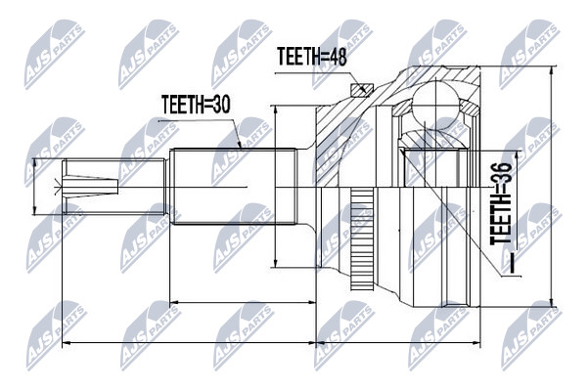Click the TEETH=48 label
pos(312,58)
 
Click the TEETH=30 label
pos(196,104)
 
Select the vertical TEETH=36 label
pos(501,203)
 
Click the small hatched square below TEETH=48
pos(362,90)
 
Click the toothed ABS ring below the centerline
pos(362,239)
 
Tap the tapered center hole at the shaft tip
pos(90,187)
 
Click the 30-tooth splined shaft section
pos(233,187)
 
